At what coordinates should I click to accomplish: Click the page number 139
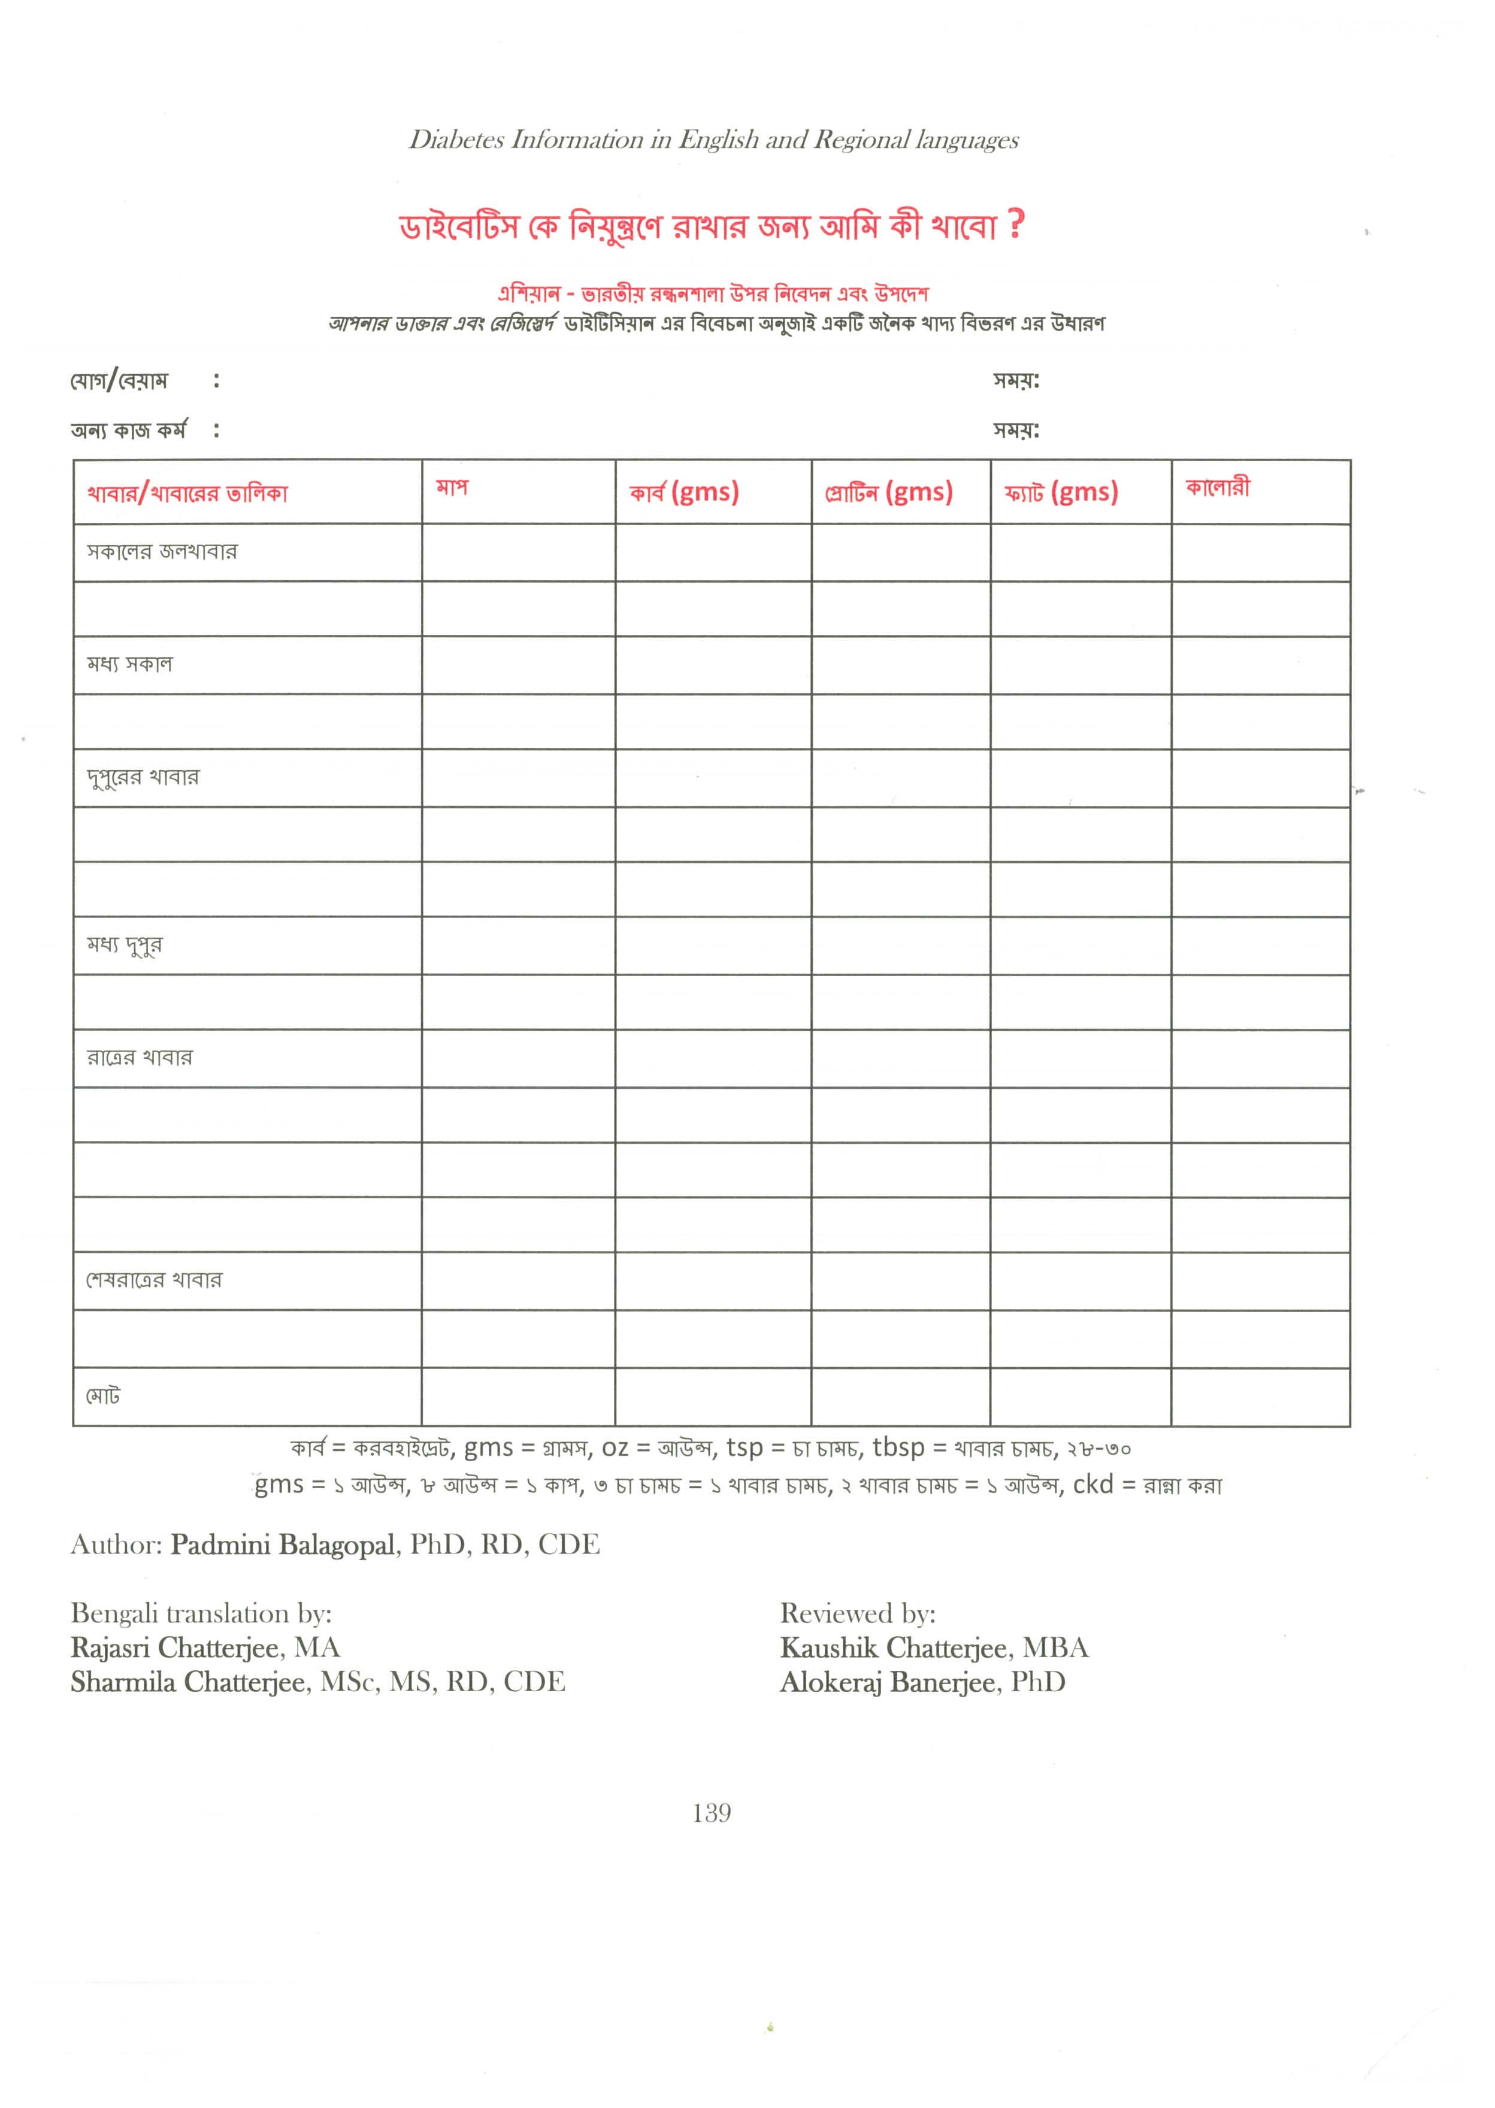pos(712,1813)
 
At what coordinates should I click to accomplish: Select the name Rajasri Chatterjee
pos(173,1647)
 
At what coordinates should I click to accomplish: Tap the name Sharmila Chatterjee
pos(188,1682)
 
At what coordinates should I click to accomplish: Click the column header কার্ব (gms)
pos(684,492)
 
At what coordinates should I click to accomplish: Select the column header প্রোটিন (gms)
pos(888,492)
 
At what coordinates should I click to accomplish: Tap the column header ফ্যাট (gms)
pos(1061,492)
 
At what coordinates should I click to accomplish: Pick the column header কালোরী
pos(1217,488)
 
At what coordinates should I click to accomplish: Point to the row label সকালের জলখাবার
pos(162,552)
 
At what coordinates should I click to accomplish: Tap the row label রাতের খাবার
pos(140,1058)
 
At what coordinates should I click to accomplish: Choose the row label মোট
pos(103,1397)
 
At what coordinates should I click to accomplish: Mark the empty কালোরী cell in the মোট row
pos(1260,1397)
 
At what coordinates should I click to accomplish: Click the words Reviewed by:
pos(857,1613)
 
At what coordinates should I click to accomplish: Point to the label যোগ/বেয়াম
pos(120,380)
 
